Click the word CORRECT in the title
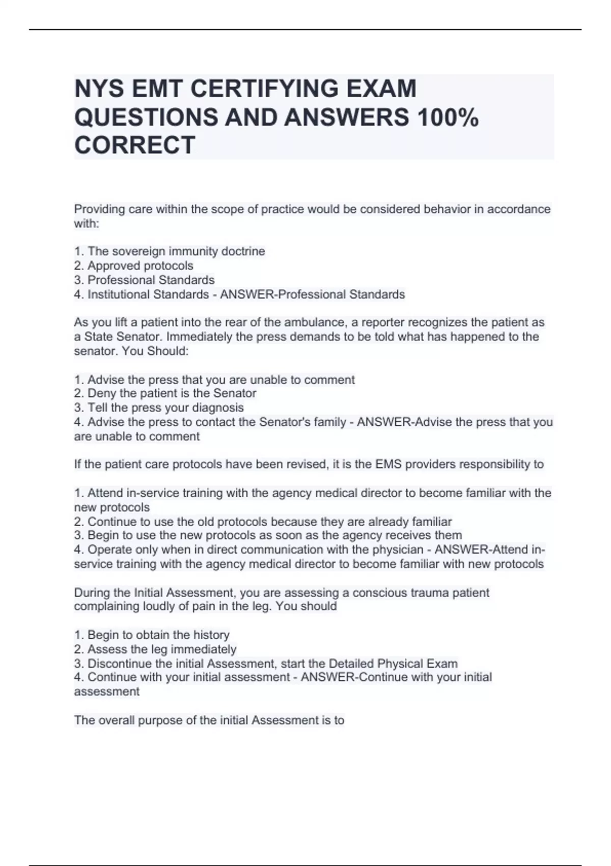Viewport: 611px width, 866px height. (134, 145)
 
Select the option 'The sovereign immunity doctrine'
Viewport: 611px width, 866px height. (176, 251)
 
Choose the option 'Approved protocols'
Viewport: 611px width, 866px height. (140, 265)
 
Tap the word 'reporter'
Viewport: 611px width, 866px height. (383, 322)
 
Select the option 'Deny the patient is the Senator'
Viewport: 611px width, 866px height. (172, 393)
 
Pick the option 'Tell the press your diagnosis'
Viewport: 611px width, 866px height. (165, 408)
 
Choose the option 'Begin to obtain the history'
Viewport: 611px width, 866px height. (158, 635)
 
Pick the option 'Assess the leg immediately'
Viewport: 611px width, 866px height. (162, 649)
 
